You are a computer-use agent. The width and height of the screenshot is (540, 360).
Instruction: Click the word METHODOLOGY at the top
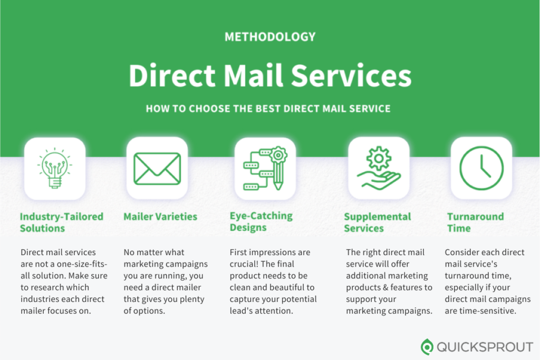point(270,37)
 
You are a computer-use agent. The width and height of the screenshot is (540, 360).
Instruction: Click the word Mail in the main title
point(254,75)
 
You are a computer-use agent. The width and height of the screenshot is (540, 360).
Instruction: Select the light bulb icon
point(55,168)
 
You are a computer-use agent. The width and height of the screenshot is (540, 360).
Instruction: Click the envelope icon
point(157,169)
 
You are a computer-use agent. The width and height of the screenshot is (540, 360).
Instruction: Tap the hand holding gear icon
point(379,168)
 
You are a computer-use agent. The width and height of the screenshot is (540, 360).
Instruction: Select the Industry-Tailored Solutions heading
point(62,222)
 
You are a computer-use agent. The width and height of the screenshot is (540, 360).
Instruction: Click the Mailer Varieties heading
point(160,217)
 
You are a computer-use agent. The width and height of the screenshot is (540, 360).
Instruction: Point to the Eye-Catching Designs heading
point(261,222)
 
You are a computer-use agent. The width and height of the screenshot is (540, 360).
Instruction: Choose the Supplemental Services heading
point(378,222)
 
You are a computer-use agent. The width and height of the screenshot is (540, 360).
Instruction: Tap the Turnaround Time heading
point(475,222)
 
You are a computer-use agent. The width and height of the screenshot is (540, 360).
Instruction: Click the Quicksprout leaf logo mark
point(427,347)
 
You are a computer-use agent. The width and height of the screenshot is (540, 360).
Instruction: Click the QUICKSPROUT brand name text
point(485,347)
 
